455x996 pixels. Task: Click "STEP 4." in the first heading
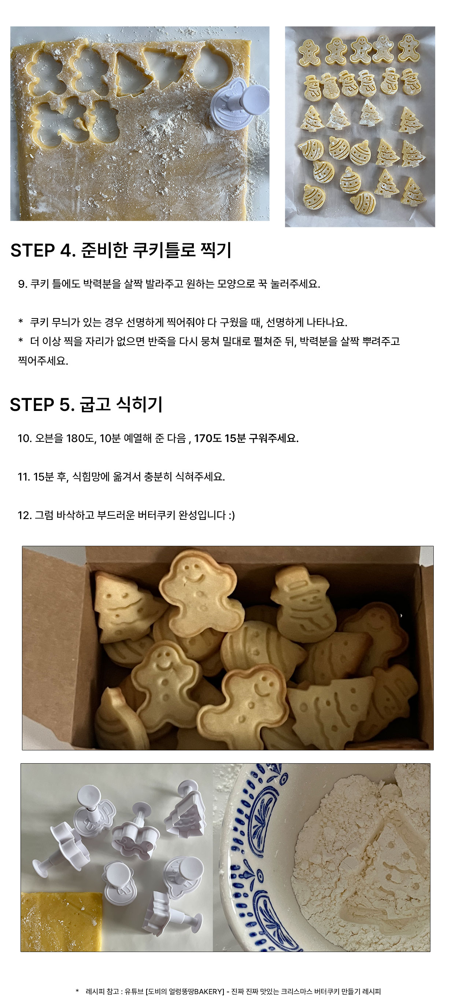pos(43,250)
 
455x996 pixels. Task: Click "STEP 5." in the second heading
pos(42,405)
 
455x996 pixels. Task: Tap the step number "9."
pos(22,284)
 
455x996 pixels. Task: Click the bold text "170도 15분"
pos(220,438)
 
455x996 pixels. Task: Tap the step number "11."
pos(24,477)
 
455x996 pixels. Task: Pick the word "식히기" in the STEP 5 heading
pos(140,405)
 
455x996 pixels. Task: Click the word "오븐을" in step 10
pos(49,438)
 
